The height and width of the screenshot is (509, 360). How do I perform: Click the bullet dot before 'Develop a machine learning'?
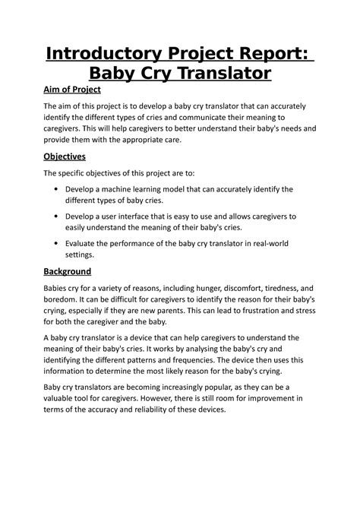[59, 189]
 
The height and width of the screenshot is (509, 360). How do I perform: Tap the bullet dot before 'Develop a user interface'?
[59, 217]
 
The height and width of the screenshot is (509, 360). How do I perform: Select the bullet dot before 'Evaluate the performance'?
[59, 244]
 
